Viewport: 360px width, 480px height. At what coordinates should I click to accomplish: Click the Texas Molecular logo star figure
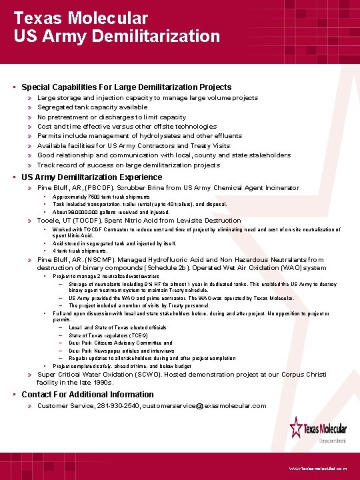pos(297,427)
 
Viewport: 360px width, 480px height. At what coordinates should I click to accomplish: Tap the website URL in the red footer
pos(317,469)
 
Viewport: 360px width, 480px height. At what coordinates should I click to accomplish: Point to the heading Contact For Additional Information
pos(87,395)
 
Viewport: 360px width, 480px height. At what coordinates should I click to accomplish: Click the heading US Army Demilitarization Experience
pos(91,177)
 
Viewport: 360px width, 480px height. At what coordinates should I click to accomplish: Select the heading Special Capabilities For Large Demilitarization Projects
pos(126,87)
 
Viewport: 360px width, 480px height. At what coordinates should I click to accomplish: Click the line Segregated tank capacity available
pos(92,107)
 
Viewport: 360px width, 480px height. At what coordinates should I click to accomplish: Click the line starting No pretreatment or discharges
pos(111,117)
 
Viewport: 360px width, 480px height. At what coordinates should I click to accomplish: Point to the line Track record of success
pos(128,165)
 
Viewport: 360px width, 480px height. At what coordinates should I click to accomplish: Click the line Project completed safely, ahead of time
pos(122,366)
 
